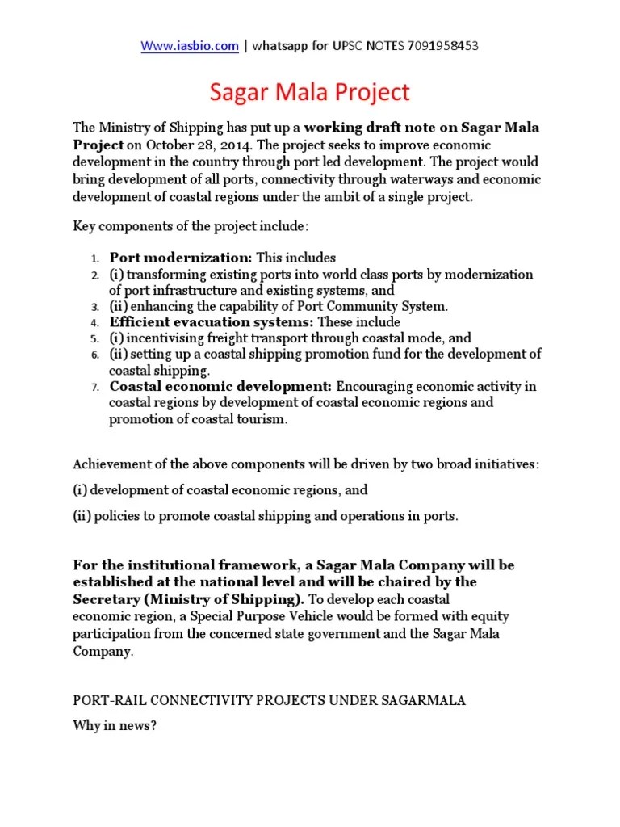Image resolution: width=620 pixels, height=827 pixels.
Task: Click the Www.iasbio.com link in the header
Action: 190,46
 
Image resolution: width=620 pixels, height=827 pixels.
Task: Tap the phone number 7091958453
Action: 442,46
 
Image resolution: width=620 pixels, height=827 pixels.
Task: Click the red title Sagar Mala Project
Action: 310,92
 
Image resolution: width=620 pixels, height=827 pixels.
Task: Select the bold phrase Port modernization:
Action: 182,258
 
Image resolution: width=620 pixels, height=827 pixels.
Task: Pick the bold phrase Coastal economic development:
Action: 221,386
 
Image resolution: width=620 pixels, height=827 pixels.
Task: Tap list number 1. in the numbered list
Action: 94,258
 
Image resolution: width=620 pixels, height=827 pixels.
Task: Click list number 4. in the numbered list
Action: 94,323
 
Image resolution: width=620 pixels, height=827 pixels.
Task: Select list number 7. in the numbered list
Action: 94,387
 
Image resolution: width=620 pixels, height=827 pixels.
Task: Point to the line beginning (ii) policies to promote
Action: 266,515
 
